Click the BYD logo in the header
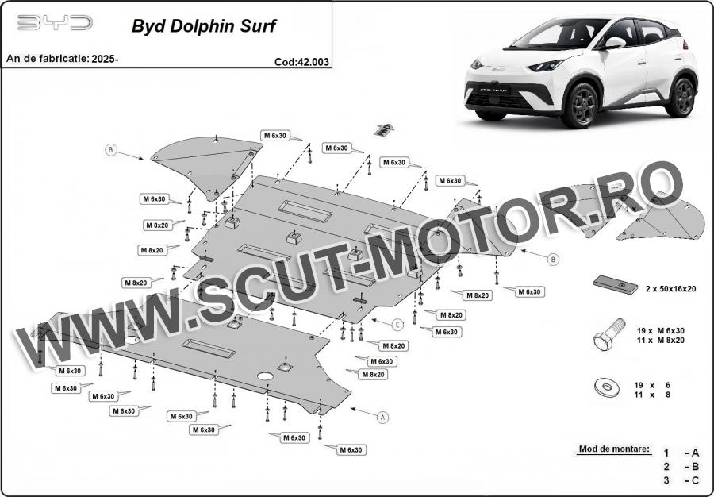tap(55, 22)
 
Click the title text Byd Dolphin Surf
tap(204, 26)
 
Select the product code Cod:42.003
tap(301, 62)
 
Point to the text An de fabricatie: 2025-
tap(63, 58)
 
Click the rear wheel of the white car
tap(681, 97)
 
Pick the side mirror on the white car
tap(615, 44)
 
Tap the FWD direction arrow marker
tap(384, 129)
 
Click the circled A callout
tap(383, 417)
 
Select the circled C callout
tap(397, 325)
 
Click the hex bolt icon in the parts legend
tap(608, 334)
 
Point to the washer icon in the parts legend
tap(607, 387)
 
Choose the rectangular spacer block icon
tap(615, 285)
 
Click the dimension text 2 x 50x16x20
tap(670, 288)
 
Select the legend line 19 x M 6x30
tap(660, 331)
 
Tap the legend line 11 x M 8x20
tap(660, 341)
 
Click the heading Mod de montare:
tap(614, 449)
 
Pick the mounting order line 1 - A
tap(681, 453)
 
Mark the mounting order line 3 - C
tap(681, 480)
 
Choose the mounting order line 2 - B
tap(681, 467)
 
